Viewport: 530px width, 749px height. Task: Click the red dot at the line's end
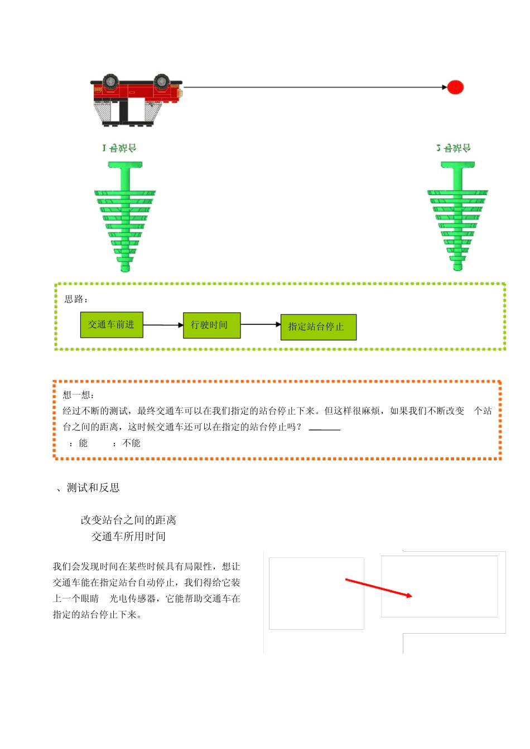455,87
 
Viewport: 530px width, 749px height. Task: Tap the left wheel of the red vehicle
110,81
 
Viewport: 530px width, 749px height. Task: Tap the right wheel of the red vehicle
162,81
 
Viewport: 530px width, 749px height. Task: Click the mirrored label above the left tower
119,148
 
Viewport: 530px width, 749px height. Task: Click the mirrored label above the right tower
454,148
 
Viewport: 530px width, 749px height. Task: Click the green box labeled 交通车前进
112,325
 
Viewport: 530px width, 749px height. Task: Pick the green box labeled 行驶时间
211,325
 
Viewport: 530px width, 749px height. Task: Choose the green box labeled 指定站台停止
318,327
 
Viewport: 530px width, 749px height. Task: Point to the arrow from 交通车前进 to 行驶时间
163,325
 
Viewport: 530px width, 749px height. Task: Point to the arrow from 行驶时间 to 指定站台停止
261,324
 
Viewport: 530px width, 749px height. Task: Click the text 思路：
76,299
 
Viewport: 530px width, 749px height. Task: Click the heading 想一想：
79,395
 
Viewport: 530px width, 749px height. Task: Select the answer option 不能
131,443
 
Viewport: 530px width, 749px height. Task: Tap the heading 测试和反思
93,488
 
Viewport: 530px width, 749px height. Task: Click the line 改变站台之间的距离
128,520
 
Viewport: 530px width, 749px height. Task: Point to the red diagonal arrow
378,588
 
